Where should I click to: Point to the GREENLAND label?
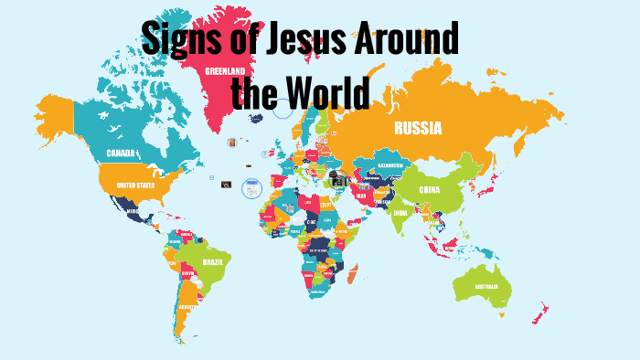[x=224, y=70]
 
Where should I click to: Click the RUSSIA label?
[x=418, y=129]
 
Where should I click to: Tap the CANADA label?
[x=121, y=153]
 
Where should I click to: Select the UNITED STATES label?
[x=134, y=185]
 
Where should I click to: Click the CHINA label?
[x=428, y=190]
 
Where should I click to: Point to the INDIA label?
[x=400, y=213]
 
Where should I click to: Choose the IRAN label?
[x=361, y=195]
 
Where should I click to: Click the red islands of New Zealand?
[x=541, y=311]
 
